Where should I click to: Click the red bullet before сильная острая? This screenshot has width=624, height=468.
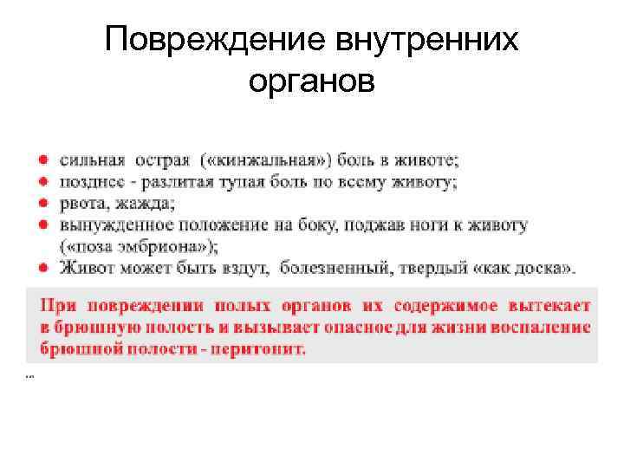(x=42, y=160)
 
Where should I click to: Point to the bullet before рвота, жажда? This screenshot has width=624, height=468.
(x=42, y=205)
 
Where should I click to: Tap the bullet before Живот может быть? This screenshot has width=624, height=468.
(x=42, y=268)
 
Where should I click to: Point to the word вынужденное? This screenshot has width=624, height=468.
(x=113, y=225)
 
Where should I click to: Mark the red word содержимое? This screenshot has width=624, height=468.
(x=438, y=307)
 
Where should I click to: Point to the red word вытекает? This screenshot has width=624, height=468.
(x=543, y=307)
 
